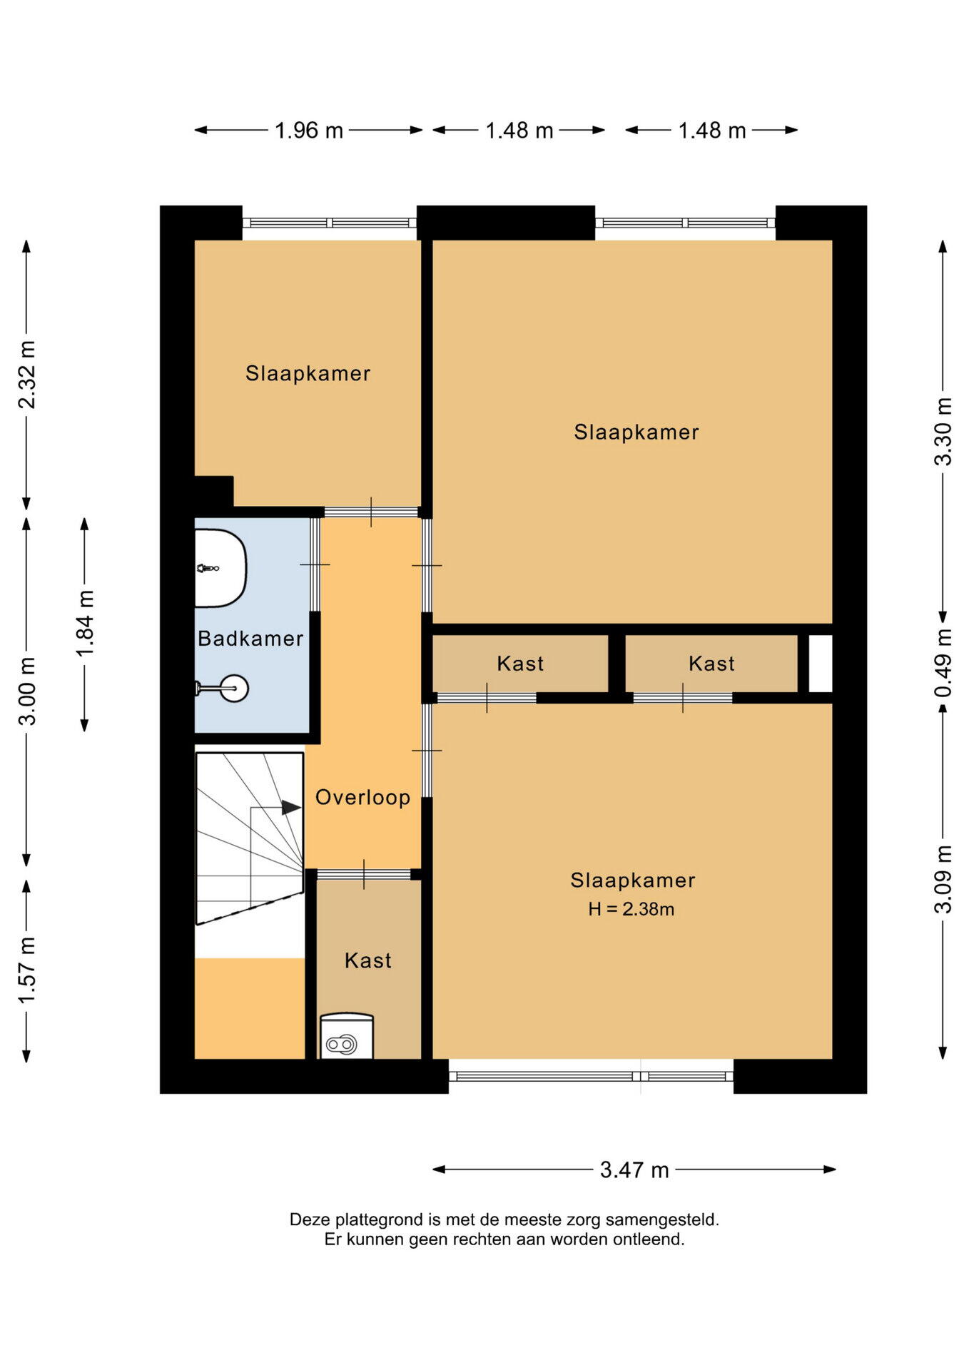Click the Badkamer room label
250,639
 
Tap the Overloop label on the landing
363,798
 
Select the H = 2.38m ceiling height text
631,909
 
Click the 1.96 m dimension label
309,131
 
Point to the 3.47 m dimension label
634,1169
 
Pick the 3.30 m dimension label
943,432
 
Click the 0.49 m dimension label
943,664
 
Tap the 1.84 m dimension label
85,624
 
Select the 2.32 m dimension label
27,375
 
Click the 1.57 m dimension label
27,970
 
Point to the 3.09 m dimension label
943,879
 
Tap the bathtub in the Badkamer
220,569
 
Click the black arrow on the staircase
291,808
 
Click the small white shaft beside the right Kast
820,664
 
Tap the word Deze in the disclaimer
310,1219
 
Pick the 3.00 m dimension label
27,691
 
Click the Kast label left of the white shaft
711,664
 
